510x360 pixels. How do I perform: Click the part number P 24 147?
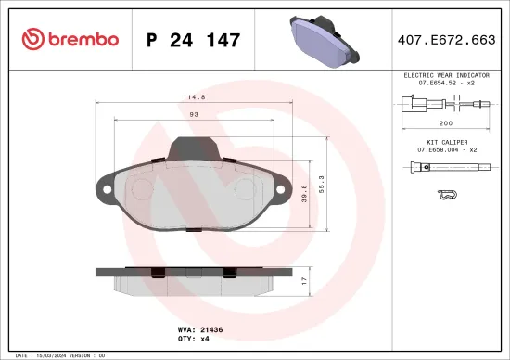tap(194, 40)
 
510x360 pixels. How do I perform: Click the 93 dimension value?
tap(193, 113)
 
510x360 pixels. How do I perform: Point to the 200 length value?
tap(446, 122)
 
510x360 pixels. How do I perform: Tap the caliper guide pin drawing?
tap(445, 168)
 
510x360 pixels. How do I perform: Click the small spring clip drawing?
tap(445, 195)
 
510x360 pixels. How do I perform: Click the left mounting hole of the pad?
tap(107, 193)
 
